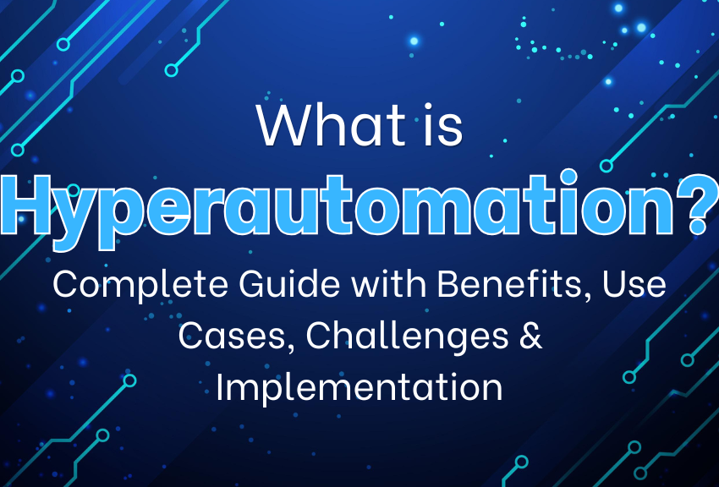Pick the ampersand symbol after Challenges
529,336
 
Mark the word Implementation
359,388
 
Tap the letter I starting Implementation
221,386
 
